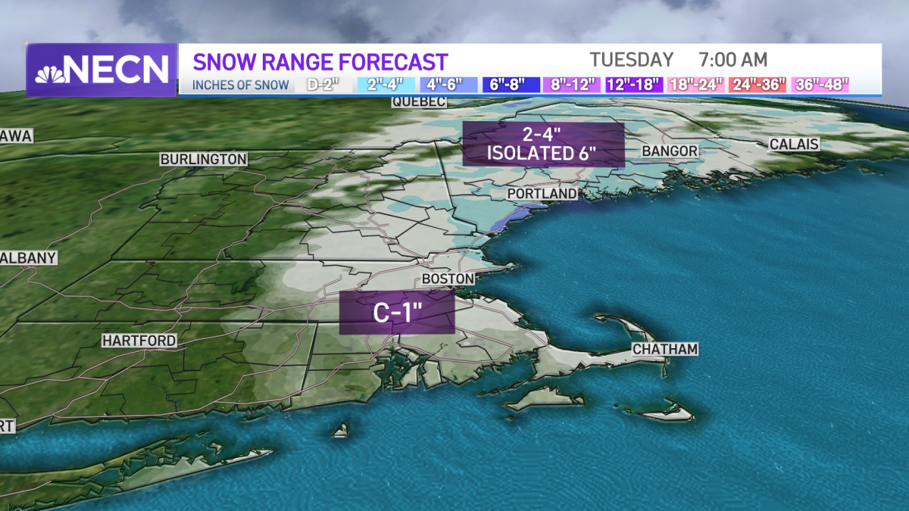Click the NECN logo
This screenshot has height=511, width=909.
(102, 70)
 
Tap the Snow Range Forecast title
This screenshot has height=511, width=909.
(320, 61)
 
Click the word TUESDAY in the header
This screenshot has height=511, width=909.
(632, 59)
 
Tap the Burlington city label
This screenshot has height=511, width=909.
(203, 159)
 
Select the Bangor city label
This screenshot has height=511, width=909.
(670, 151)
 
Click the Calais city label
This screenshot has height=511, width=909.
(793, 144)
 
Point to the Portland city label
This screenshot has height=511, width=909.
(542, 194)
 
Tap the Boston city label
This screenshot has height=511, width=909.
(448, 279)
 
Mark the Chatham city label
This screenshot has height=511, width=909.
(664, 349)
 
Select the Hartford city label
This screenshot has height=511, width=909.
(139, 341)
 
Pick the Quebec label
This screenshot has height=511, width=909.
(419, 102)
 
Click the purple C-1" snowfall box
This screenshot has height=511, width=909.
(396, 313)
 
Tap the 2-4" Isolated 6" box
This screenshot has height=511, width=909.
(542, 144)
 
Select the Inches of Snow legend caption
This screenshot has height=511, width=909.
(240, 85)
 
